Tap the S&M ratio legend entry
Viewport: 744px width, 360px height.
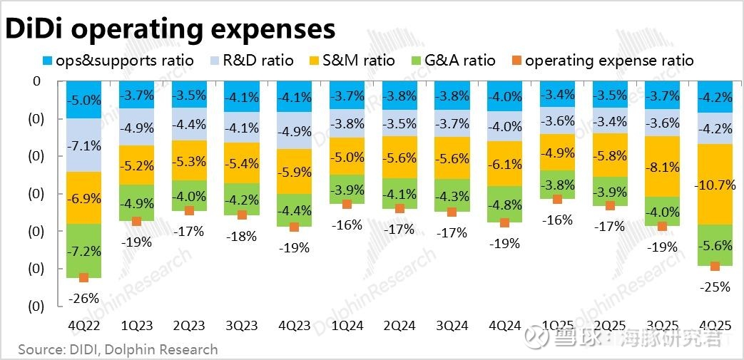354,61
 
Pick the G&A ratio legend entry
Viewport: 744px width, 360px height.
453,61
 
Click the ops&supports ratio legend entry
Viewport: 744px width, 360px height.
118,61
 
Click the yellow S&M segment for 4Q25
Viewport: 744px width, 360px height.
715,184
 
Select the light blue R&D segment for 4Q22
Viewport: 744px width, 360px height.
83,145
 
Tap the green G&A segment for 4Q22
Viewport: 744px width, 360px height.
83,250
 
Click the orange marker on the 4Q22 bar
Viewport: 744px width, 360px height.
83,277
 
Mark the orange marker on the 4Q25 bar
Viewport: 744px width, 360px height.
715,266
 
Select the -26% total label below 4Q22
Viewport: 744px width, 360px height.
83,298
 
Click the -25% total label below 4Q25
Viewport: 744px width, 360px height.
715,287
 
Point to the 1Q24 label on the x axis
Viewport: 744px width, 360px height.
347,326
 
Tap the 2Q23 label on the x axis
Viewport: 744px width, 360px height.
189,326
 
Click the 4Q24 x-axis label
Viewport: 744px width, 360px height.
504,326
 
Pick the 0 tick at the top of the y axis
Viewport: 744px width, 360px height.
37,81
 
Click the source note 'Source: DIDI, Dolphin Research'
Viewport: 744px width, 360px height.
118,349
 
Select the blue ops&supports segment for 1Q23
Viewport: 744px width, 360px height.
136,95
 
